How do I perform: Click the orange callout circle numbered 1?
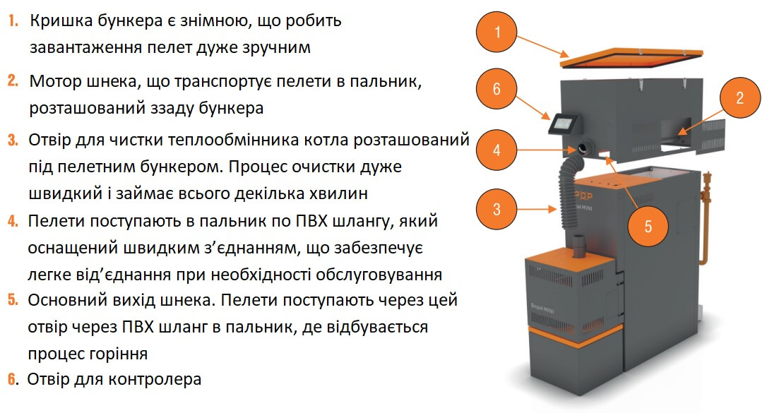coord(496,32)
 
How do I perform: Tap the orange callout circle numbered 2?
coord(739,98)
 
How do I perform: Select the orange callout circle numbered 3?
coord(496,209)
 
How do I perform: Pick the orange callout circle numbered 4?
coord(496,150)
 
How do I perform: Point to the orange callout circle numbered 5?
coord(648,227)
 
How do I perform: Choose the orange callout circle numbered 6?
coord(496,89)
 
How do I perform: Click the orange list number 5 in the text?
coord(13,300)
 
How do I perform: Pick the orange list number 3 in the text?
coord(13,140)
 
